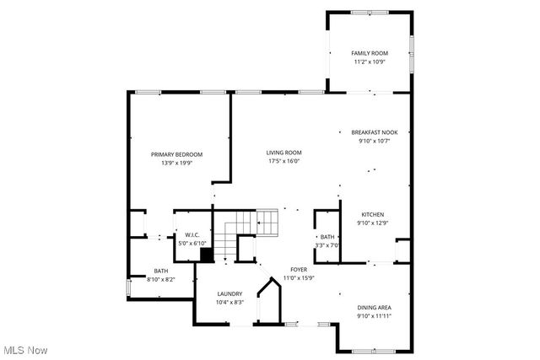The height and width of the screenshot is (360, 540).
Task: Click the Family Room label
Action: (368, 53)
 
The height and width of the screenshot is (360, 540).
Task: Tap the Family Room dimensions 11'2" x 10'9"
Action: (368, 62)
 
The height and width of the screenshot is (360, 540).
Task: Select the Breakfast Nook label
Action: (375, 132)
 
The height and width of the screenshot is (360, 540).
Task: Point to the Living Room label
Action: (284, 153)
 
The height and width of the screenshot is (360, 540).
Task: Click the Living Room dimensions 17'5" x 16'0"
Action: (284, 161)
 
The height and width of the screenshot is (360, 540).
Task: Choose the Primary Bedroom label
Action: (176, 154)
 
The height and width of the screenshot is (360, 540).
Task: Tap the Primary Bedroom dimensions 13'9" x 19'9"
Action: (176, 163)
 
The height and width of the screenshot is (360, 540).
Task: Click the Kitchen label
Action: (374, 214)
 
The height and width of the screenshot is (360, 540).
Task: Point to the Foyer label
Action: (298, 269)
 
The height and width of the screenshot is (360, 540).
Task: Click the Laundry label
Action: (229, 293)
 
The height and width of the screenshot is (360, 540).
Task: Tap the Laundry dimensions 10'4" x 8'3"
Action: (229, 302)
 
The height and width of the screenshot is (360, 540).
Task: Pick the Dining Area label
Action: (374, 308)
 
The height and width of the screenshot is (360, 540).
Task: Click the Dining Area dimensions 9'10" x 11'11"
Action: (374, 316)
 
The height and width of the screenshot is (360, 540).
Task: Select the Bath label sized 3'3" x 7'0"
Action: (328, 237)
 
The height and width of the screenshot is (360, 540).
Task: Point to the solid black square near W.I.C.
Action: (206, 255)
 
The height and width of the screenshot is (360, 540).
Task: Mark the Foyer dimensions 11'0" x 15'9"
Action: (298, 277)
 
